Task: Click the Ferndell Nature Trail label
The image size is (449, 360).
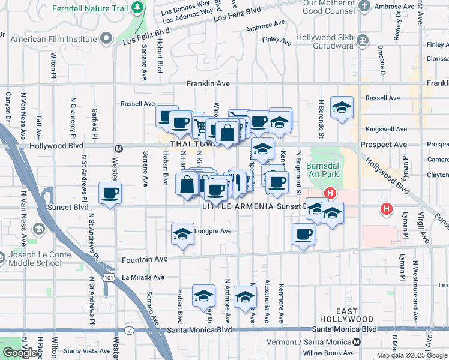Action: pos(90,9)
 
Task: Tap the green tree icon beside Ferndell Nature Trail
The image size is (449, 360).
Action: pos(139,8)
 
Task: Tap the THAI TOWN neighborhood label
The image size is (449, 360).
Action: pos(192,145)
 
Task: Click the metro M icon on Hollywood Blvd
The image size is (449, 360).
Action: pos(119,148)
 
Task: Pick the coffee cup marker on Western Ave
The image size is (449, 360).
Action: pos(110,194)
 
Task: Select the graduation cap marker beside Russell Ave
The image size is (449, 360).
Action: pos(342,108)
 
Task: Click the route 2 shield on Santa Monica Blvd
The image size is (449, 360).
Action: pos(129,330)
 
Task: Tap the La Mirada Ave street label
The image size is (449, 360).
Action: pos(143,277)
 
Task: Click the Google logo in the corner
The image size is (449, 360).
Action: pos(20,353)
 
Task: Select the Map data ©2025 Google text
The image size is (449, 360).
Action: pos(411,355)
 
